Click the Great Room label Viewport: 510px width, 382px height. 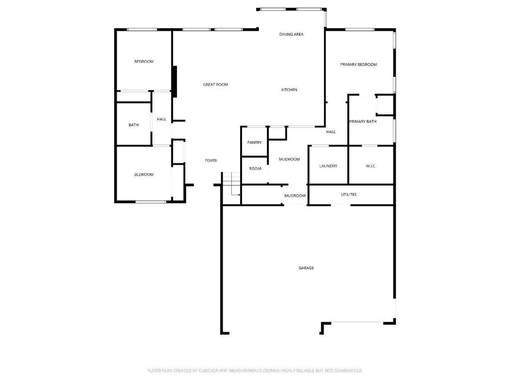(215, 85)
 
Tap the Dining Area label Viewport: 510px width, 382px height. (291, 34)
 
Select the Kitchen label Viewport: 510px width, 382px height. (289, 90)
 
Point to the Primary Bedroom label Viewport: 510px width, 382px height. (359, 65)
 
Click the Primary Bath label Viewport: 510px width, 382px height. (363, 121)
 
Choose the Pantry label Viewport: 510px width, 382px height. (255, 143)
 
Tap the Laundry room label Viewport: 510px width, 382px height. (328, 166)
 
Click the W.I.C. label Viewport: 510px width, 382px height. (371, 166)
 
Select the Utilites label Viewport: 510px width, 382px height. (349, 194)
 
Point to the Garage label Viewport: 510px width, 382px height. (306, 268)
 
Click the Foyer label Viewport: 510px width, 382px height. (211, 161)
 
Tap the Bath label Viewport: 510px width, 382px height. (133, 125)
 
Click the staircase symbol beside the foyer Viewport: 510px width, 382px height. (231, 184)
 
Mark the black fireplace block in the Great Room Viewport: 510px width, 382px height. (175, 82)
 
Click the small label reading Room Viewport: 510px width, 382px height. (255, 169)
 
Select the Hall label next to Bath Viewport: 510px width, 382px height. (161, 119)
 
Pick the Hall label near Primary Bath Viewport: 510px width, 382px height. (331, 132)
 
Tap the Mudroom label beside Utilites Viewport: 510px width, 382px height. (295, 195)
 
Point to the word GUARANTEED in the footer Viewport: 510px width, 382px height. (350, 371)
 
